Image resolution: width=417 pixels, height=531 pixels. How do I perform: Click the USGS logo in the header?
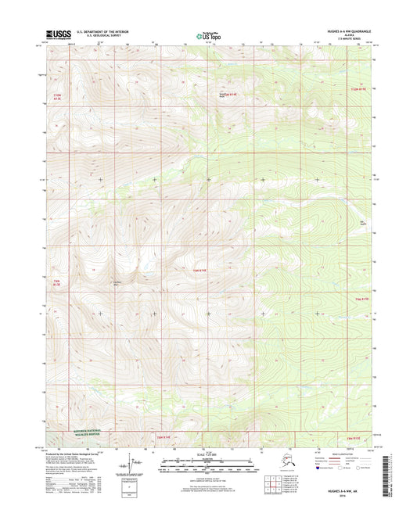click(x=59, y=34)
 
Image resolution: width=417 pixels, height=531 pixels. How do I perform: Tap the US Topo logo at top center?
click(x=208, y=34)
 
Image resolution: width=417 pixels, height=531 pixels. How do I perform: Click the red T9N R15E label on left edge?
click(x=57, y=282)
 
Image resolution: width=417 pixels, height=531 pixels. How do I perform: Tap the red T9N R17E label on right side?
click(x=360, y=298)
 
